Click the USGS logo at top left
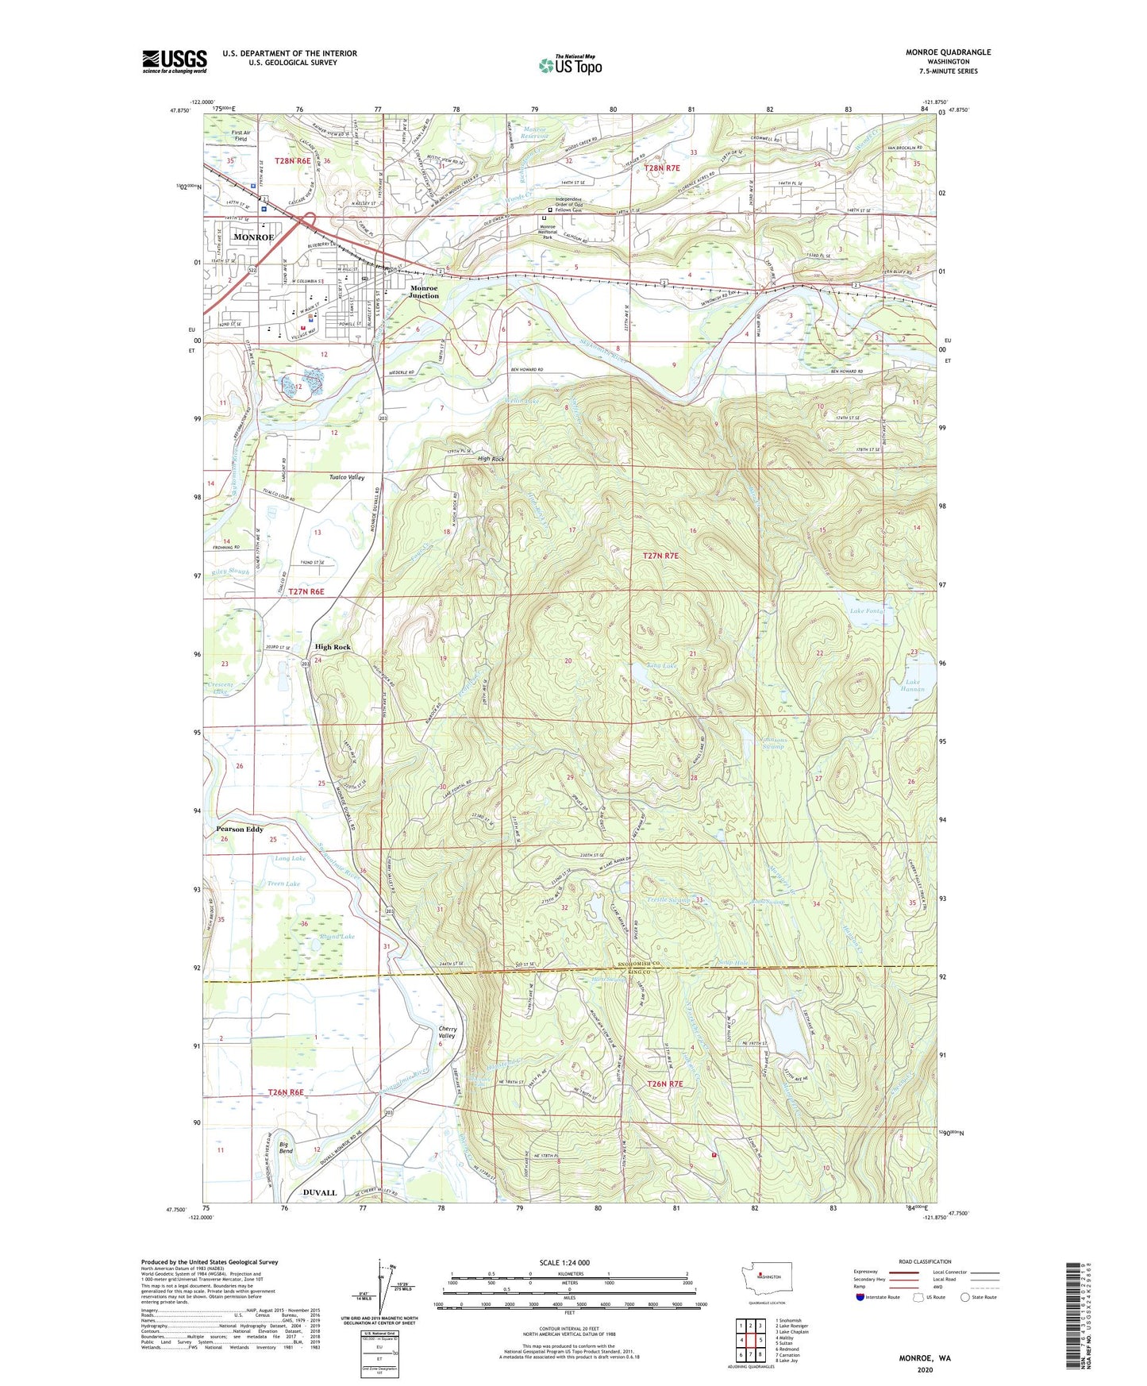click(x=174, y=61)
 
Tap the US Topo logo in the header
click(x=569, y=65)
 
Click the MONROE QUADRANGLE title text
click(x=948, y=52)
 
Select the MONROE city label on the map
click(x=252, y=237)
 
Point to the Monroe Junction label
click(x=424, y=292)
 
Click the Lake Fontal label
click(x=867, y=611)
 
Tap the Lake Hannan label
click(x=914, y=686)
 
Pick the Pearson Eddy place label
click(x=240, y=830)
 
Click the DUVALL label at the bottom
click(x=320, y=1192)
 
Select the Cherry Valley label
click(x=447, y=1033)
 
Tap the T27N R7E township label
click(x=660, y=556)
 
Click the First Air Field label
click(x=241, y=136)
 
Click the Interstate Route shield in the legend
click(x=861, y=1297)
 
